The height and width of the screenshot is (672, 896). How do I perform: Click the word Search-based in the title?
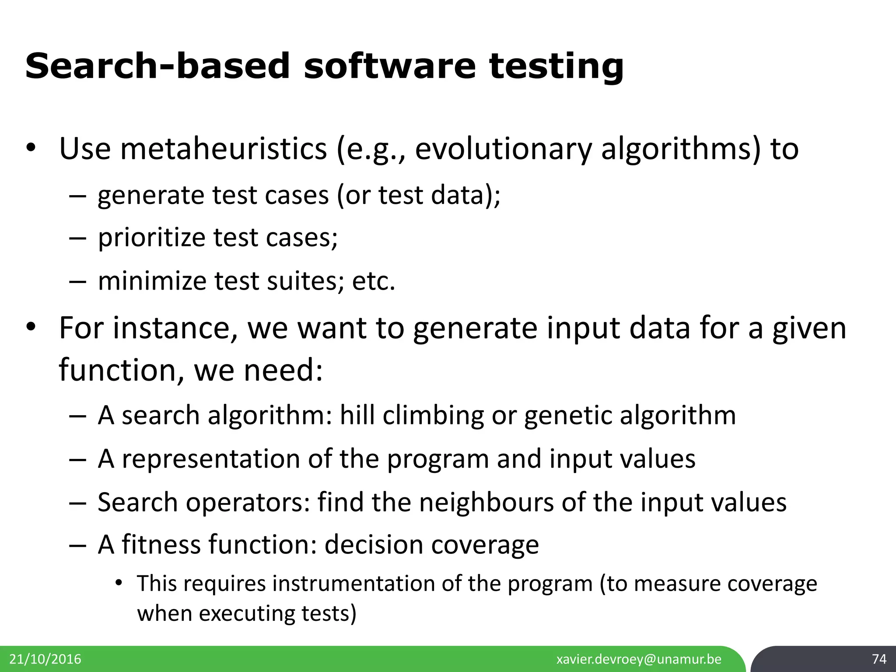(x=157, y=66)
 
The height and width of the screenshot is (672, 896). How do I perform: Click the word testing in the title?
(x=556, y=66)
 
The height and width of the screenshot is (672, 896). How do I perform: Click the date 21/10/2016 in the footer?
(x=45, y=659)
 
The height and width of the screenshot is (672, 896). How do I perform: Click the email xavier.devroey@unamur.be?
(x=639, y=659)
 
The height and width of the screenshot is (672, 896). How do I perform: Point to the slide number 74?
(x=879, y=659)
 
